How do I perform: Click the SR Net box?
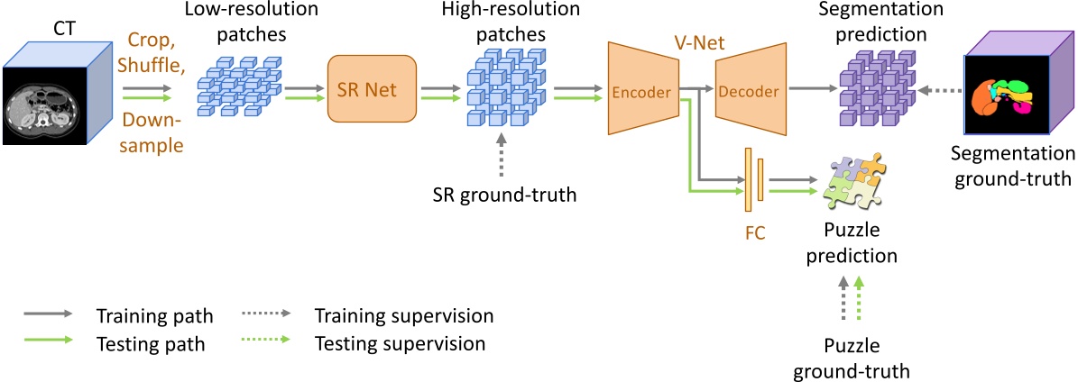[372, 89]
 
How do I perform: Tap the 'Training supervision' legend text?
[402, 316]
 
